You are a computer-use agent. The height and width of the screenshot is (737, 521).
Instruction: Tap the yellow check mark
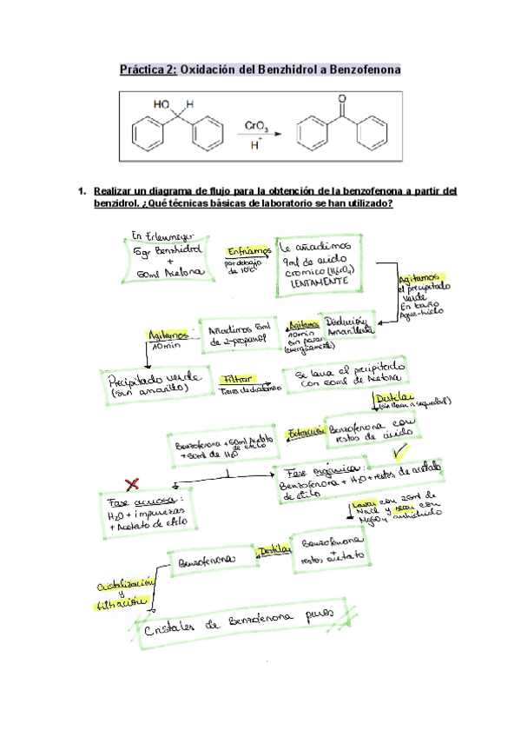(x=400, y=453)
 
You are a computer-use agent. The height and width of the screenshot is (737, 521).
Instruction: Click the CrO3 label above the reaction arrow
(x=256, y=126)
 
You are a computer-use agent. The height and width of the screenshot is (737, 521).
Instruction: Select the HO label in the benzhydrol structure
(x=162, y=104)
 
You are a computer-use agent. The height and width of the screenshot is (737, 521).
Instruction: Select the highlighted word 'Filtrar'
(x=238, y=380)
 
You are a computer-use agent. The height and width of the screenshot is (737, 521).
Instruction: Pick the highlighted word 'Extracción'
(x=305, y=430)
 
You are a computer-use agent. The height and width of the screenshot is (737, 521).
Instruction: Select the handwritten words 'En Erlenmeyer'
(x=160, y=236)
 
